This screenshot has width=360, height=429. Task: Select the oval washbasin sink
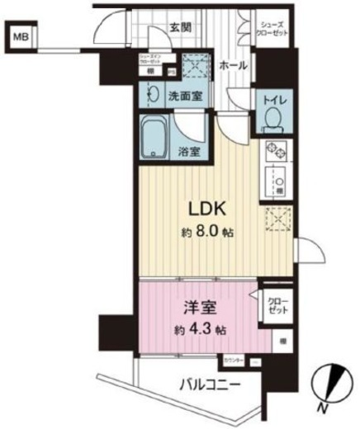tap(150, 95)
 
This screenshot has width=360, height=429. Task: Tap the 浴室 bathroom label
tap(189, 151)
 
